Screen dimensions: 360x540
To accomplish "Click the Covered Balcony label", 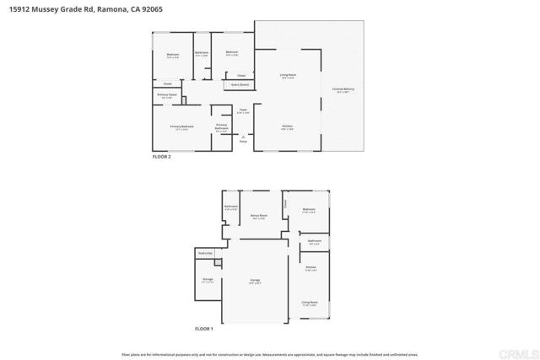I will tap(343, 89).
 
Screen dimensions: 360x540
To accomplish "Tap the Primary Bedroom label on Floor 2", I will tap(182, 126).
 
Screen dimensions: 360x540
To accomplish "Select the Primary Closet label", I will tap(166, 95).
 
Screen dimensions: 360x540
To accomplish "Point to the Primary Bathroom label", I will tap(221, 126).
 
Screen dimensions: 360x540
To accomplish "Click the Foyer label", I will tap(242, 110).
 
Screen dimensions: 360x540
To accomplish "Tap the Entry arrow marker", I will tap(243, 138).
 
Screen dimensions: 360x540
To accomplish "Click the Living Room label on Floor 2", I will tap(288, 76).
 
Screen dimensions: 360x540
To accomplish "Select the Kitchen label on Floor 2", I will tap(287, 127).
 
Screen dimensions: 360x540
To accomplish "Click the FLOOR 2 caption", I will tap(161, 157).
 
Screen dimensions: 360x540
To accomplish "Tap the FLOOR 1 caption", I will tap(204, 328).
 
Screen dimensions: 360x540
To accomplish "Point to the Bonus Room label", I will tap(259, 215).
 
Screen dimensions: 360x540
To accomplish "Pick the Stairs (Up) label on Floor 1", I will tap(204, 252).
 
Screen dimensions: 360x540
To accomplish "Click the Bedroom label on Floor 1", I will tap(309, 209).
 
